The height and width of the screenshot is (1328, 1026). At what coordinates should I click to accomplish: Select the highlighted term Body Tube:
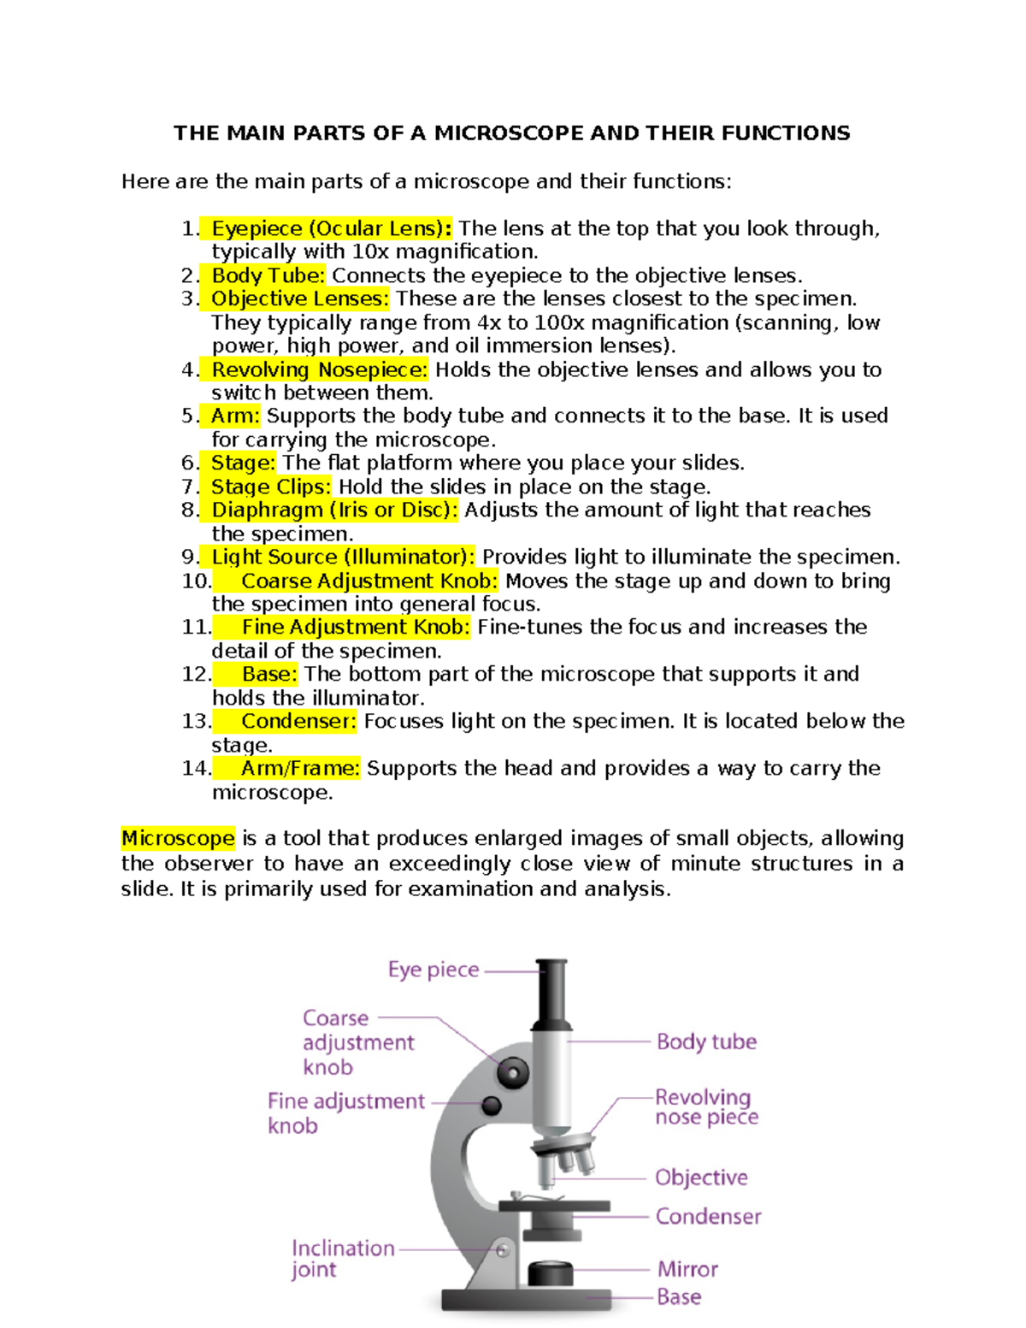click(268, 275)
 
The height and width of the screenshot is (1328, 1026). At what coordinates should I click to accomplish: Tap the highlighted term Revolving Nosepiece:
click(319, 369)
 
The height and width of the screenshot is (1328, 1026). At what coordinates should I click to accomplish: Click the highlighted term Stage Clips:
click(270, 487)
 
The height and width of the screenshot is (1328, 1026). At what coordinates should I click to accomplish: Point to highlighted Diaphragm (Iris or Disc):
click(333, 510)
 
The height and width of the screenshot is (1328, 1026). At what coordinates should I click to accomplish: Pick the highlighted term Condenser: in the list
click(298, 721)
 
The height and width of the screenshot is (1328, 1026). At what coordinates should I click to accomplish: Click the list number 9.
click(189, 557)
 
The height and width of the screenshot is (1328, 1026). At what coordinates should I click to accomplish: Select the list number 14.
click(196, 768)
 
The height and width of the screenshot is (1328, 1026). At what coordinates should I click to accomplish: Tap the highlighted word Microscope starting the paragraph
click(178, 838)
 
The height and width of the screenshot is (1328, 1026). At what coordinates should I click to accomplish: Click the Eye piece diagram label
click(433, 970)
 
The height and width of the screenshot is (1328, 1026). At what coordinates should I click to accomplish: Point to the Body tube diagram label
click(706, 1042)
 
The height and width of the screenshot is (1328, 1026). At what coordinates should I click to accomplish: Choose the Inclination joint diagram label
click(342, 1259)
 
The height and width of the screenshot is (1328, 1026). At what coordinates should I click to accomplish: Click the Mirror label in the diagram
click(687, 1269)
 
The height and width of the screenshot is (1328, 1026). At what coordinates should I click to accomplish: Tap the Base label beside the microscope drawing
click(679, 1297)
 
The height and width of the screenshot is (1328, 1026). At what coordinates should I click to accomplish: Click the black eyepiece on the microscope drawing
click(552, 992)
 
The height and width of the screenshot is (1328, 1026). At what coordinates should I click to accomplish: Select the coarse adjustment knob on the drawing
click(513, 1071)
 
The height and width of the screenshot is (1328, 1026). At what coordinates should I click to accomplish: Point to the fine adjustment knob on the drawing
click(492, 1105)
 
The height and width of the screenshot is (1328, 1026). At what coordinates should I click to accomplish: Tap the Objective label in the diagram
click(701, 1177)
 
